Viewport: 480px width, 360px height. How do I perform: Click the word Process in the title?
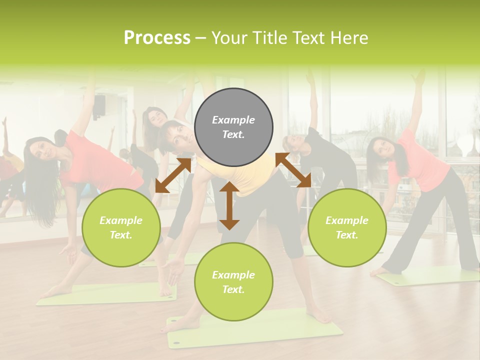(157, 37)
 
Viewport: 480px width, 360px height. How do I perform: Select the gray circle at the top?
(233, 127)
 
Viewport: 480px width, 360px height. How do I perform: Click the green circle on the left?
(121, 227)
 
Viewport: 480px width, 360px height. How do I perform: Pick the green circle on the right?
(347, 227)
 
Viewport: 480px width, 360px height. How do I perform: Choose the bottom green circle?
(233, 282)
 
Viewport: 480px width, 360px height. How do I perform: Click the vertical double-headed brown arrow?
(229, 205)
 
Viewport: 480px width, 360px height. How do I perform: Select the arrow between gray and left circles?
(173, 175)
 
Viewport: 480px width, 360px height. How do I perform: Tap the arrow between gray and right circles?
(293, 170)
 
